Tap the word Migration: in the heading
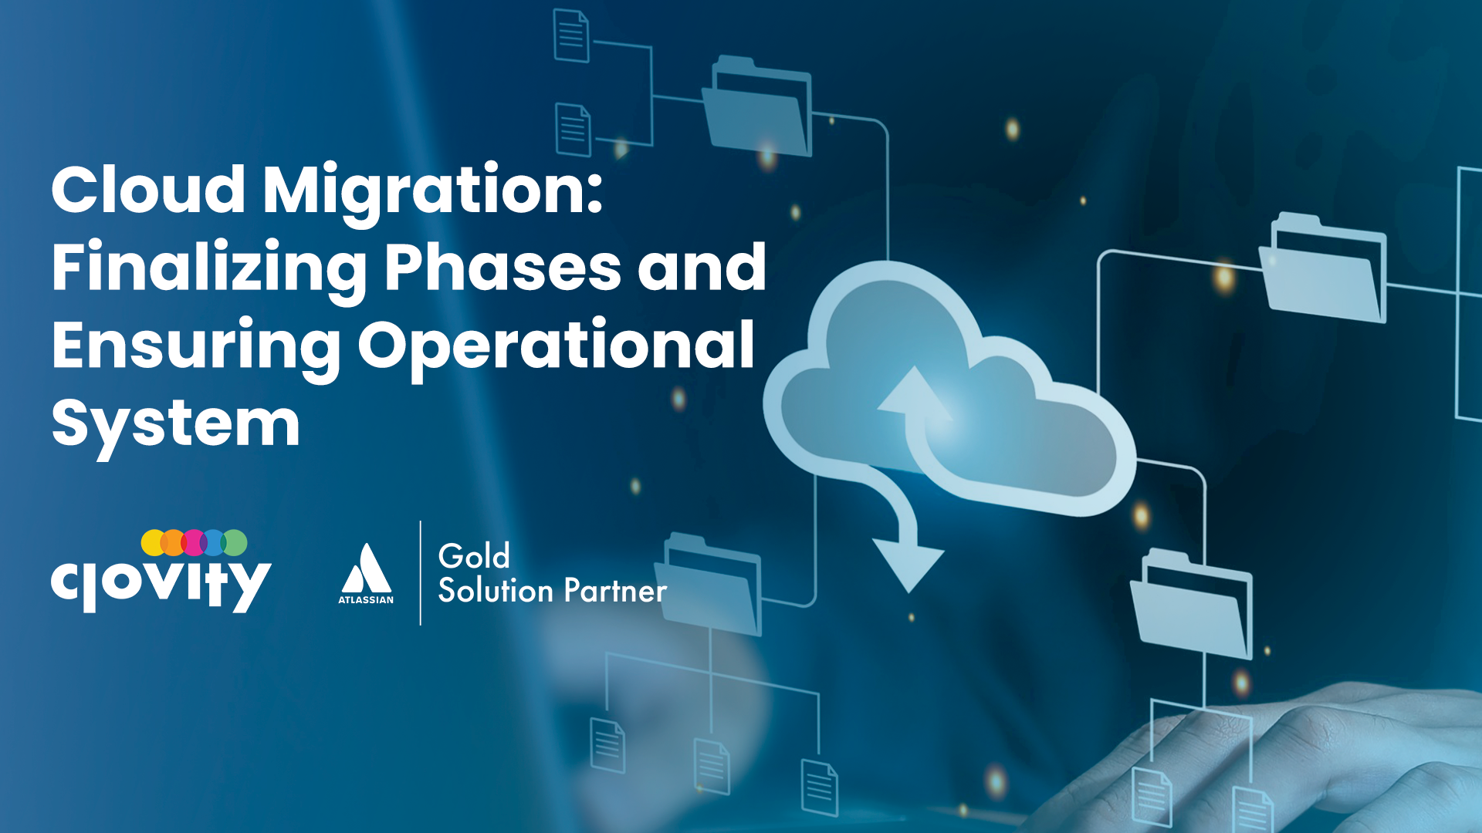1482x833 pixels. coord(432,193)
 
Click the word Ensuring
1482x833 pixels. coord(196,347)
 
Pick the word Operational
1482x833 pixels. coord(556,347)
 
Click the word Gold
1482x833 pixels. coord(474,556)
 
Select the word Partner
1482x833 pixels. coord(615,591)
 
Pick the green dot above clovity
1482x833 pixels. coord(235,542)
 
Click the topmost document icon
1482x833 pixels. coord(572,35)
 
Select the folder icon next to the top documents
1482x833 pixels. coord(757,106)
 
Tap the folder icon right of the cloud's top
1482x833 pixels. coord(1323,267)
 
